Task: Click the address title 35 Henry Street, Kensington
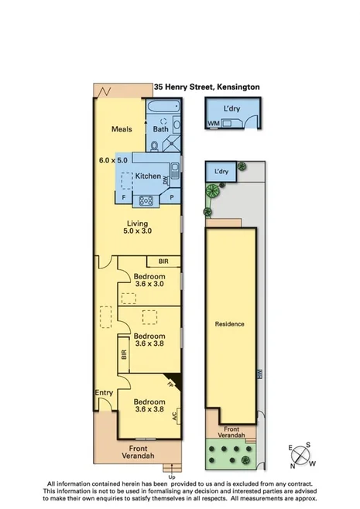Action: [206, 88]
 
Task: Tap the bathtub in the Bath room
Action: [159, 119]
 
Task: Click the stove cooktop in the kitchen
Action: [145, 202]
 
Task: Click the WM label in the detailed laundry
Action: [213, 124]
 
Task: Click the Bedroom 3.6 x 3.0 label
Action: [149, 280]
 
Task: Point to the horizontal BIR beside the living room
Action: [163, 261]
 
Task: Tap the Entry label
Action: [104, 393]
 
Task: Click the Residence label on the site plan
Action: [229, 324]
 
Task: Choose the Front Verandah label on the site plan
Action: [231, 432]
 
